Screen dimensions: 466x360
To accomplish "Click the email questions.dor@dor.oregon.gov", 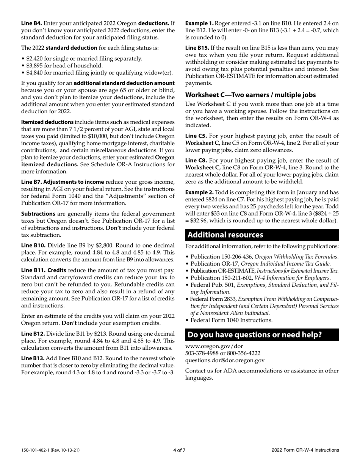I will click(225, 360).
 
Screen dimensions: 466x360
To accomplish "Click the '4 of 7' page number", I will click(179, 450).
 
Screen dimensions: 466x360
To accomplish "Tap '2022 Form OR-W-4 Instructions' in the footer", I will click(305, 450).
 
